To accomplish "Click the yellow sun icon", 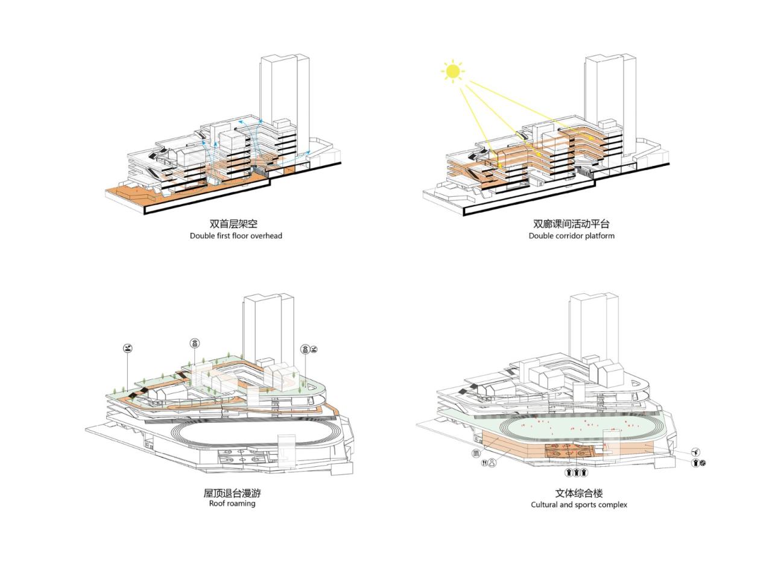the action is (452, 71).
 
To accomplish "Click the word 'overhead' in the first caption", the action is (267, 236).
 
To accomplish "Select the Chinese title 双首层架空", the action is (233, 224).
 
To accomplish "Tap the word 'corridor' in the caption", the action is (569, 236).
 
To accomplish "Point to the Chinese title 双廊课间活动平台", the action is (571, 224).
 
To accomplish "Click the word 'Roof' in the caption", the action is (217, 503).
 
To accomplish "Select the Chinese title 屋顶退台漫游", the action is (232, 493).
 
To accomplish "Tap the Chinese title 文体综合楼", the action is (578, 493).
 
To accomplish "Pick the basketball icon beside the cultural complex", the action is (703, 463).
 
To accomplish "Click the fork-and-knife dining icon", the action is (486, 464).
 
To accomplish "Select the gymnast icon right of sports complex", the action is (695, 452).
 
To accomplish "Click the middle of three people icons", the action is (576, 472).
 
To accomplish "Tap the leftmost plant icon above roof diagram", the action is (127, 349).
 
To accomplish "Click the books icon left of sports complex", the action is (476, 454).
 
